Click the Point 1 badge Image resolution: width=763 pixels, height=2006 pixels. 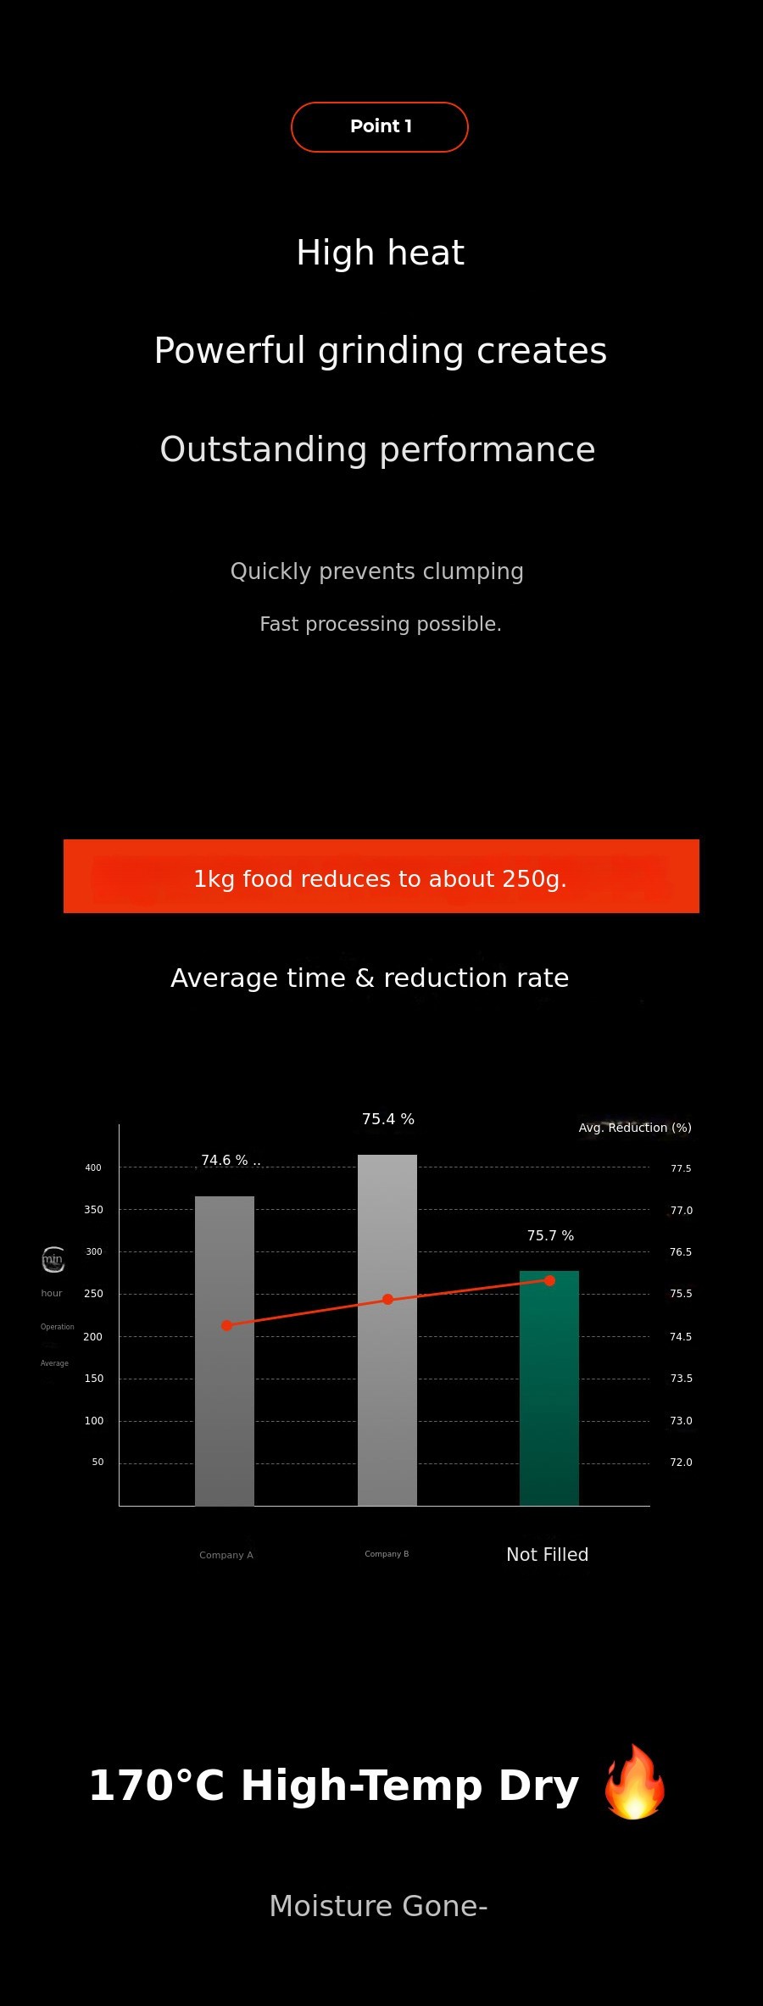point(380,127)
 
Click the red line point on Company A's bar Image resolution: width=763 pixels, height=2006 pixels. point(226,1325)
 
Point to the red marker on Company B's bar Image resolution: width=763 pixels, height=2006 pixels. point(387,1299)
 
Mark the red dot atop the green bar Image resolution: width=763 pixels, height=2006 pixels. point(549,1280)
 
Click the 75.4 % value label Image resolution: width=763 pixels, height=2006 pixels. point(388,1119)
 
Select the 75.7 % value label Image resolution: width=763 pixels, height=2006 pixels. point(550,1235)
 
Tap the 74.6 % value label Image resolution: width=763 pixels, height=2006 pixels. point(225,1160)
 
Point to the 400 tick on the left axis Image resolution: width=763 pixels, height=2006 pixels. point(93,1167)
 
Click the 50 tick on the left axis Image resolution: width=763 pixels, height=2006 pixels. point(97,1462)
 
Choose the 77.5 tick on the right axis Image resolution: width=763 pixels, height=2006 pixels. point(681,1168)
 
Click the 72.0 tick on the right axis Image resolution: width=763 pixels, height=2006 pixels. point(681,1462)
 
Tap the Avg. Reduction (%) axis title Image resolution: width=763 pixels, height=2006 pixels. point(635,1128)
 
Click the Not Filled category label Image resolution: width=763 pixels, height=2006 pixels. point(547,1554)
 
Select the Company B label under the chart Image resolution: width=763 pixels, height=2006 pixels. point(387,1554)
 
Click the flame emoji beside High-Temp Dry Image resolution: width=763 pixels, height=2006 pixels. point(634,1782)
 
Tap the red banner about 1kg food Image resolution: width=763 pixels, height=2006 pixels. point(381,877)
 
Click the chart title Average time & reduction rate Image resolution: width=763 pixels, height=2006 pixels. point(370,978)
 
